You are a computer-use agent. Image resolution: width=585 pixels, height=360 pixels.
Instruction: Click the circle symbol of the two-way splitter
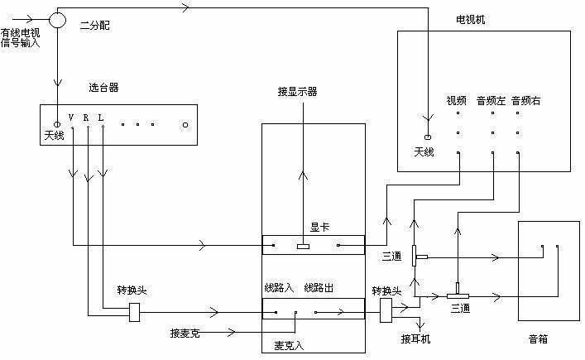point(57,18)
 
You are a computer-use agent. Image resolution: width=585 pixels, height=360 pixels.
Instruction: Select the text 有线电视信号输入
point(21,38)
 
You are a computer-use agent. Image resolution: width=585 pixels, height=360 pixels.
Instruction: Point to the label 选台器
point(103,88)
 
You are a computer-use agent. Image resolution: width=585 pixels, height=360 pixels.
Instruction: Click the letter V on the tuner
point(71,117)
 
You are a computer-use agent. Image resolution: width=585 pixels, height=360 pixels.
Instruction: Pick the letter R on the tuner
point(86,117)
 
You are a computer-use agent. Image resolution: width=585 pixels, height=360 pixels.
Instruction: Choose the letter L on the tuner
point(100,117)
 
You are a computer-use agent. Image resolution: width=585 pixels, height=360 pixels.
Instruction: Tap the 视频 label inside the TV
point(457,101)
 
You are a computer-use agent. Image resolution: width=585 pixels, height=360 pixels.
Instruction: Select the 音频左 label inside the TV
point(491,101)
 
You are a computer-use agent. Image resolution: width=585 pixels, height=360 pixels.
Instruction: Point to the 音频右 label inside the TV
point(526,101)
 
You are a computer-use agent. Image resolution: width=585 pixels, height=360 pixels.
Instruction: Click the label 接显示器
point(299,91)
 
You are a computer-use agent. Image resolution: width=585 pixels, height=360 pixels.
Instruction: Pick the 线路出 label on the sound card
point(319,287)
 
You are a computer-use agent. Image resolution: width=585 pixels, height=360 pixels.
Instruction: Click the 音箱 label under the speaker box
point(539,338)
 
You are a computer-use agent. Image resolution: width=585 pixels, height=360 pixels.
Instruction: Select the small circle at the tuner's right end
point(185,126)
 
